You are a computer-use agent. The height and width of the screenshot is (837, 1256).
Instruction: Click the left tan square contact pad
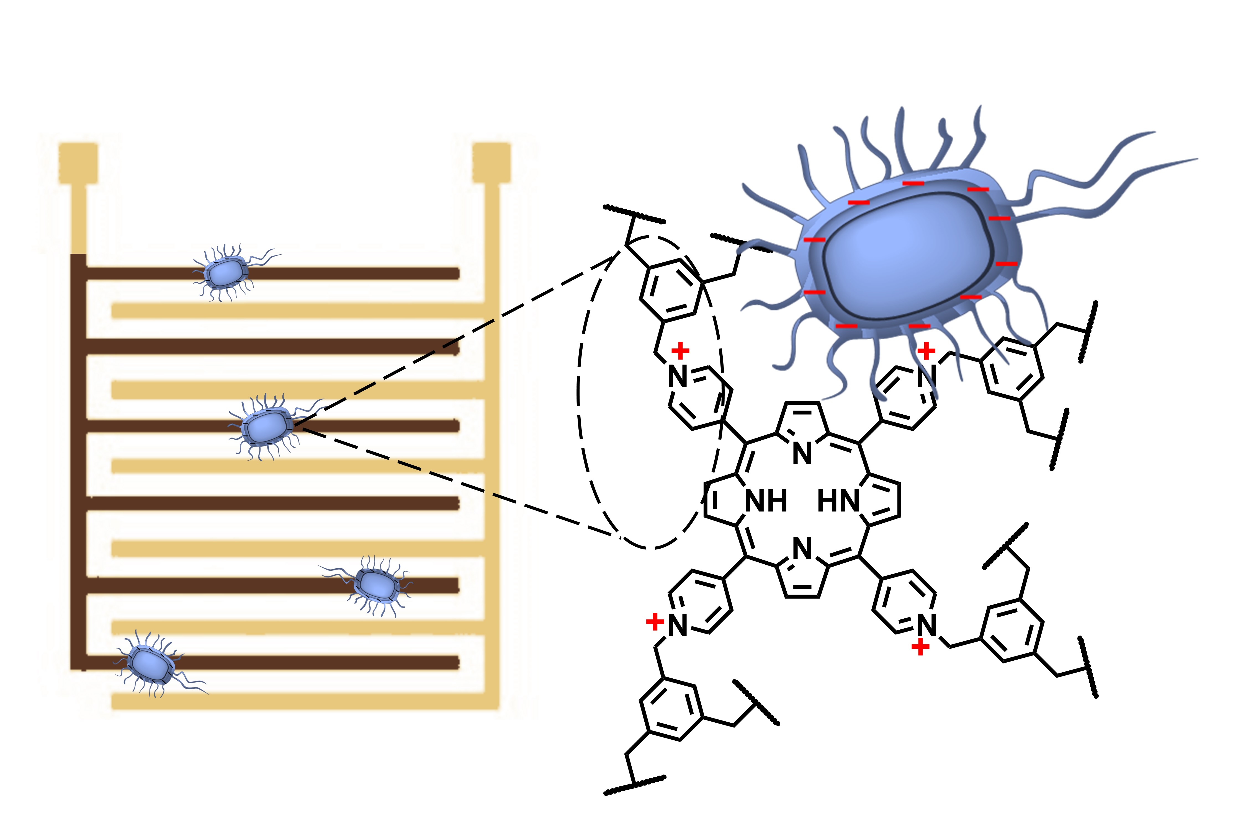pos(79,163)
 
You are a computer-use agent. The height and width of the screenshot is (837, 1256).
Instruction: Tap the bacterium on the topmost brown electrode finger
pos(226,273)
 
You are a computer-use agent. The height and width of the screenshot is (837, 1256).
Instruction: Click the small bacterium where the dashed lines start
pos(265,427)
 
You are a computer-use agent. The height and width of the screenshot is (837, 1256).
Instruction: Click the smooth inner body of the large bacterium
pos(908,256)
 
